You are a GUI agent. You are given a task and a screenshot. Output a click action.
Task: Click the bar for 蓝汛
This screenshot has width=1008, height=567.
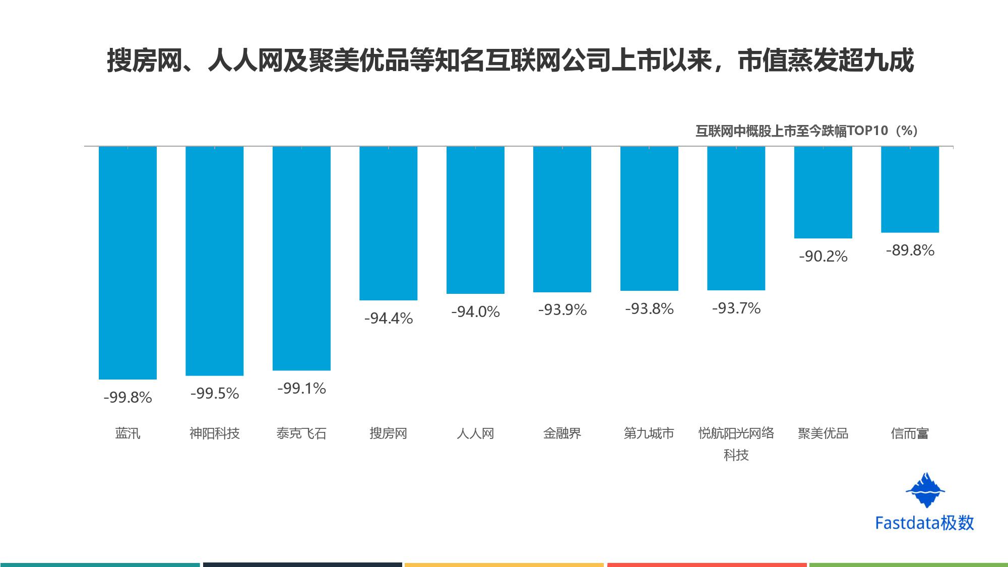[x=128, y=263]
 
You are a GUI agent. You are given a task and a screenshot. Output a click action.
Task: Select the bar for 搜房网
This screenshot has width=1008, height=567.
[x=388, y=223]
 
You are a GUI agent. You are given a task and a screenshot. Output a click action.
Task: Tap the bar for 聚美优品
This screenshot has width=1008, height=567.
[x=823, y=192]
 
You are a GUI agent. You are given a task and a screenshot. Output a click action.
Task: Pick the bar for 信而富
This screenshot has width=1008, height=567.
[x=910, y=190]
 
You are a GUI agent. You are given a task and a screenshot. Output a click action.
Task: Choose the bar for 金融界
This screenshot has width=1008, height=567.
[x=562, y=219]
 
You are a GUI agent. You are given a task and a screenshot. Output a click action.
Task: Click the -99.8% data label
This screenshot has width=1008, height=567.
[x=128, y=398]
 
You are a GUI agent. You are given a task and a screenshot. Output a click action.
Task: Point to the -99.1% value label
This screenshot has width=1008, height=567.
[x=301, y=389]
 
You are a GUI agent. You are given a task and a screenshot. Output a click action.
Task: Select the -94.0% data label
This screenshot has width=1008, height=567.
[x=475, y=312]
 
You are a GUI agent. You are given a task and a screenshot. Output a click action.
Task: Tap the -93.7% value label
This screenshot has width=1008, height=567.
[x=736, y=308]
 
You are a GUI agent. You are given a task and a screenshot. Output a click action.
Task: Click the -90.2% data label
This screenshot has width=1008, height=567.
[x=823, y=257]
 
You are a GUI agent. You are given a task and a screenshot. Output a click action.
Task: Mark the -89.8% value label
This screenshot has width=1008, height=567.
[x=910, y=250]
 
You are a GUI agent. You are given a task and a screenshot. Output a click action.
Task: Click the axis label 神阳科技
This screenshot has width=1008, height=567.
[x=214, y=433]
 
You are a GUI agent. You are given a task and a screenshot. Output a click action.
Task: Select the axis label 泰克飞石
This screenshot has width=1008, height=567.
[x=301, y=433]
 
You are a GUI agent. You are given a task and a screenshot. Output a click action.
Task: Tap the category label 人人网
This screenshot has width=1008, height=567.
[x=475, y=433]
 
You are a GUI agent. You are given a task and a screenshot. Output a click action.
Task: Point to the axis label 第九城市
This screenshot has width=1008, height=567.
[x=649, y=433]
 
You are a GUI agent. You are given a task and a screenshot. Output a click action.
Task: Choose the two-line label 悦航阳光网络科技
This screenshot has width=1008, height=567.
[x=736, y=444]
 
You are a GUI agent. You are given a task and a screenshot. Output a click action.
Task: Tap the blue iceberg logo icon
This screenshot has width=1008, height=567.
[x=925, y=490]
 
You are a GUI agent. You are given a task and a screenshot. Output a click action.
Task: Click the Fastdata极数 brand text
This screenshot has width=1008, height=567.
[x=924, y=523]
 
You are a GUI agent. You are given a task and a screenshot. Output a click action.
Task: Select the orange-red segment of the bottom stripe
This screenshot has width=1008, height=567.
[x=707, y=564]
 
